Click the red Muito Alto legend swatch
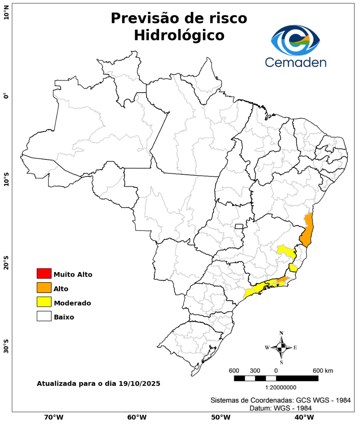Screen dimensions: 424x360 pyautogui.click(x=44, y=273)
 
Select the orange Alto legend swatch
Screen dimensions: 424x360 pyautogui.click(x=44, y=288)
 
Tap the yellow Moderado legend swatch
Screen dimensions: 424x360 pyautogui.click(x=44, y=302)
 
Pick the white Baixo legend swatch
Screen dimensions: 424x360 pyautogui.click(x=44, y=316)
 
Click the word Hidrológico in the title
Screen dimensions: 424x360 pyautogui.click(x=179, y=35)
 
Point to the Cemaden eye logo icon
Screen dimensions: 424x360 pyautogui.click(x=296, y=40)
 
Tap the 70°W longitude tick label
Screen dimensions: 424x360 pyautogui.click(x=53, y=417)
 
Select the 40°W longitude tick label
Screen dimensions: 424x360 pyautogui.click(x=303, y=417)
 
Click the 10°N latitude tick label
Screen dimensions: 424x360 pyautogui.click(x=6, y=15)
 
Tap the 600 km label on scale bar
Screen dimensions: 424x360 pyautogui.click(x=323, y=371)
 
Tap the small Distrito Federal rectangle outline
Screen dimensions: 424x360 pyautogui.click(x=239, y=226)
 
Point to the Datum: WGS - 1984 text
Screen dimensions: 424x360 pyautogui.click(x=281, y=408)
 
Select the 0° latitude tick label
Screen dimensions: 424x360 pyautogui.click(x=6, y=96)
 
